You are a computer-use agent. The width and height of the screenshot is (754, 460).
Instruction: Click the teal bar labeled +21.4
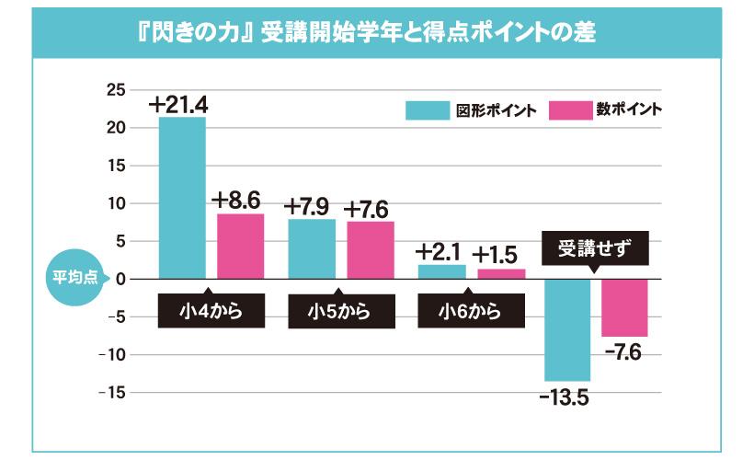coord(182,198)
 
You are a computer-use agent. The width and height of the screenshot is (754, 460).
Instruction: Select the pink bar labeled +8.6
coord(241,246)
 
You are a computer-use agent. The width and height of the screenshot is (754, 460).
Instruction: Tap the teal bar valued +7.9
coord(311,248)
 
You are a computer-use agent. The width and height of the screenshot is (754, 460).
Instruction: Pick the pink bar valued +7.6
coord(371,249)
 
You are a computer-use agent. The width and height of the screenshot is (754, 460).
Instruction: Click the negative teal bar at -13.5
coord(567,329)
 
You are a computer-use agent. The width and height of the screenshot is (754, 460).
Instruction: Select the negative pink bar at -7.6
coord(624,307)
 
